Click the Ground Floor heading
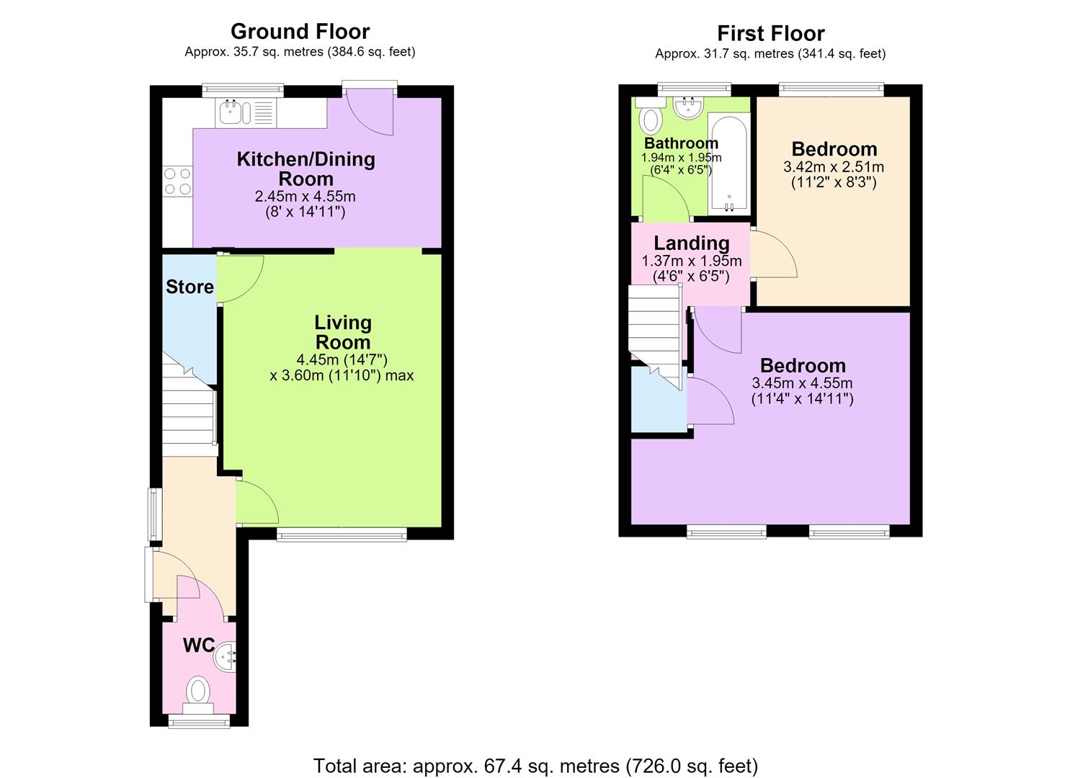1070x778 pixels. pos(300,32)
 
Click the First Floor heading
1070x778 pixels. pos(770,33)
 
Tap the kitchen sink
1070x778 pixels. pos(245,112)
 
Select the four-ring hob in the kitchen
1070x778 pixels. pos(178,181)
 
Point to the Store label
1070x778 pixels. pos(190,287)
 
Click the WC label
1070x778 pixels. pos(199,645)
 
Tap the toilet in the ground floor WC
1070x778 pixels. pos(197,696)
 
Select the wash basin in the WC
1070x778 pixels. pos(225,657)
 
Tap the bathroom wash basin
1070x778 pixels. pos(688,107)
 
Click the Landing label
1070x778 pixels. pos(691,243)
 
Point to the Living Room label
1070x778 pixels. pos(343,332)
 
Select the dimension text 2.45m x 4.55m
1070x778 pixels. pos(306,196)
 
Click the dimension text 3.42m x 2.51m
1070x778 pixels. pos(834,167)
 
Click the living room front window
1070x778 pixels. pos(342,535)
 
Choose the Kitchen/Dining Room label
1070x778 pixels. pos(306,169)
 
